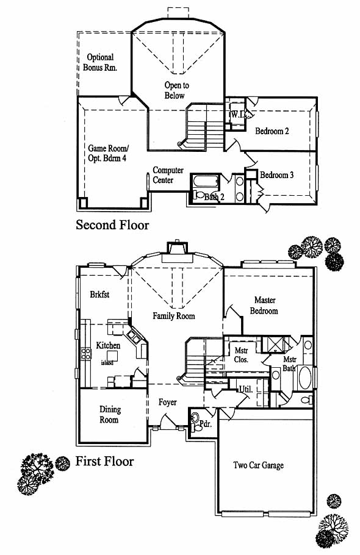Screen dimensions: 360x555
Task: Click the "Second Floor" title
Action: click(112, 225)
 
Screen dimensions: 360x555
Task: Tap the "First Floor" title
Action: click(105, 461)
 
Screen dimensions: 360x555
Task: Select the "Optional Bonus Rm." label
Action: click(100, 62)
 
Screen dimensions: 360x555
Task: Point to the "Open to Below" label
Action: click(176, 90)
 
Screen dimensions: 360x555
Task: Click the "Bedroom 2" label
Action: click(272, 131)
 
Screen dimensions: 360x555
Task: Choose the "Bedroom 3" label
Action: click(276, 175)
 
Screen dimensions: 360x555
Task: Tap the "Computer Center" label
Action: click(168, 175)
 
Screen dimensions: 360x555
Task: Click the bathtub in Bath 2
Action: click(206, 181)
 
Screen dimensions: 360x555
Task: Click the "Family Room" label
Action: click(174, 316)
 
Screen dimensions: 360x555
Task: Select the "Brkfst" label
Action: click(99, 294)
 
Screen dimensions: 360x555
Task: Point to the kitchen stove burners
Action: click(86, 354)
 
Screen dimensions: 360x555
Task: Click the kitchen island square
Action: click(112, 356)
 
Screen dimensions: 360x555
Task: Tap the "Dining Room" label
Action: click(109, 415)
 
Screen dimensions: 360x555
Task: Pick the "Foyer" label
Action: click(167, 402)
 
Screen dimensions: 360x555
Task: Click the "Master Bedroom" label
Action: click(264, 306)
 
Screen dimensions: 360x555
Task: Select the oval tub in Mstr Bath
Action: click(304, 378)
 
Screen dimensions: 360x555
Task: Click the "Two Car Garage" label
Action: click(259, 465)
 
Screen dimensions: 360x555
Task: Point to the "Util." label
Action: click(246, 389)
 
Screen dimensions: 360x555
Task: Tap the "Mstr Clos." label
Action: click(242, 355)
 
